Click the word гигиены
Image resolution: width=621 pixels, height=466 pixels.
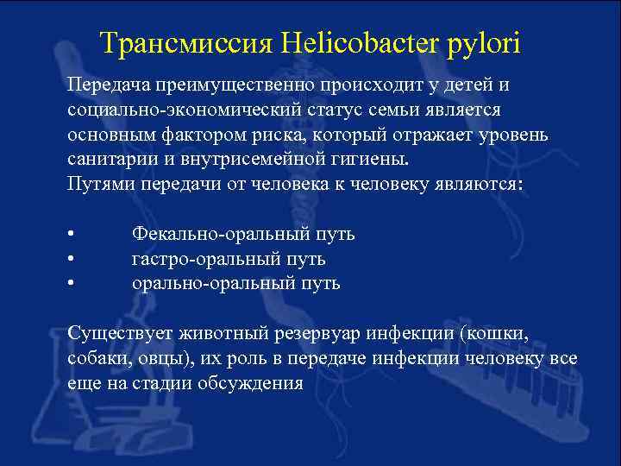[370, 161]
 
